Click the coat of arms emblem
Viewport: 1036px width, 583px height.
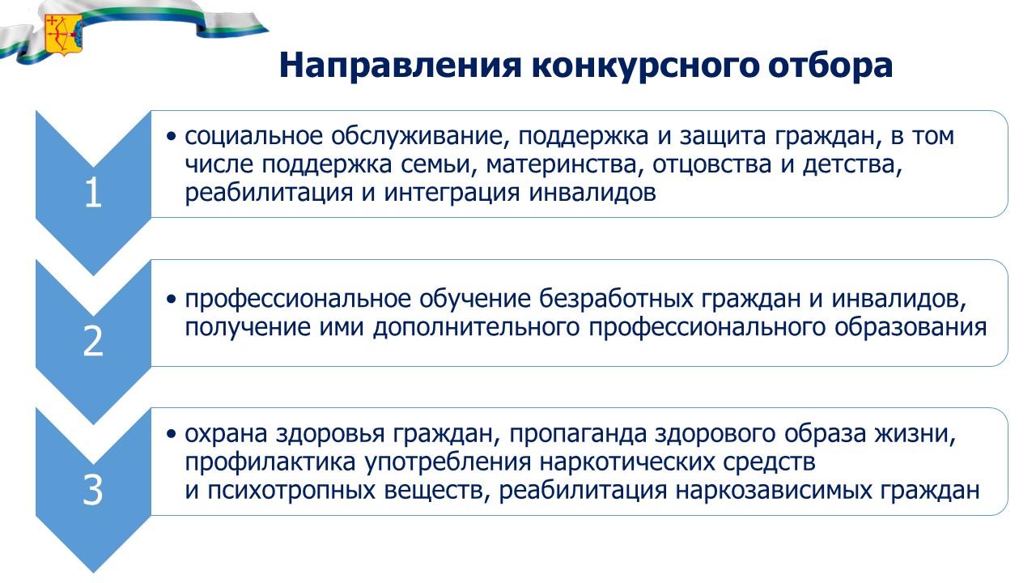point(64,35)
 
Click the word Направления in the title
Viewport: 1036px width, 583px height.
point(401,66)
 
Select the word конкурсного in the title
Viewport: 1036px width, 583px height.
point(645,66)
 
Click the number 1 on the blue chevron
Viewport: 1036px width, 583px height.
point(93,193)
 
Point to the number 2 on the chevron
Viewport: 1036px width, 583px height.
point(93,342)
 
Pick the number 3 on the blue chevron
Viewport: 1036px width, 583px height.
point(93,490)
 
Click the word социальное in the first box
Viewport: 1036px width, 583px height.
point(253,136)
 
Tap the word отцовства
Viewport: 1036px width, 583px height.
point(712,164)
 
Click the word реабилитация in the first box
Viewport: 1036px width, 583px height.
point(269,193)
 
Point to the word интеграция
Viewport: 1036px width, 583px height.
point(452,194)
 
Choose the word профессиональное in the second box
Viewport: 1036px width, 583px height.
point(298,300)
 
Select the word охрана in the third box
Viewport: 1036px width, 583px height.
point(226,434)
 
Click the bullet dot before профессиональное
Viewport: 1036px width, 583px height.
point(172,300)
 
